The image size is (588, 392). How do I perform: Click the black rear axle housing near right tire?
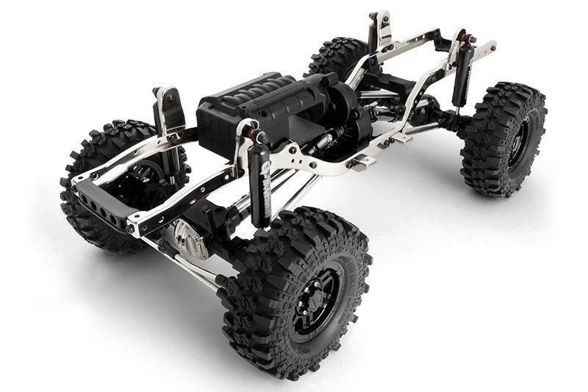tap(434, 118)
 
